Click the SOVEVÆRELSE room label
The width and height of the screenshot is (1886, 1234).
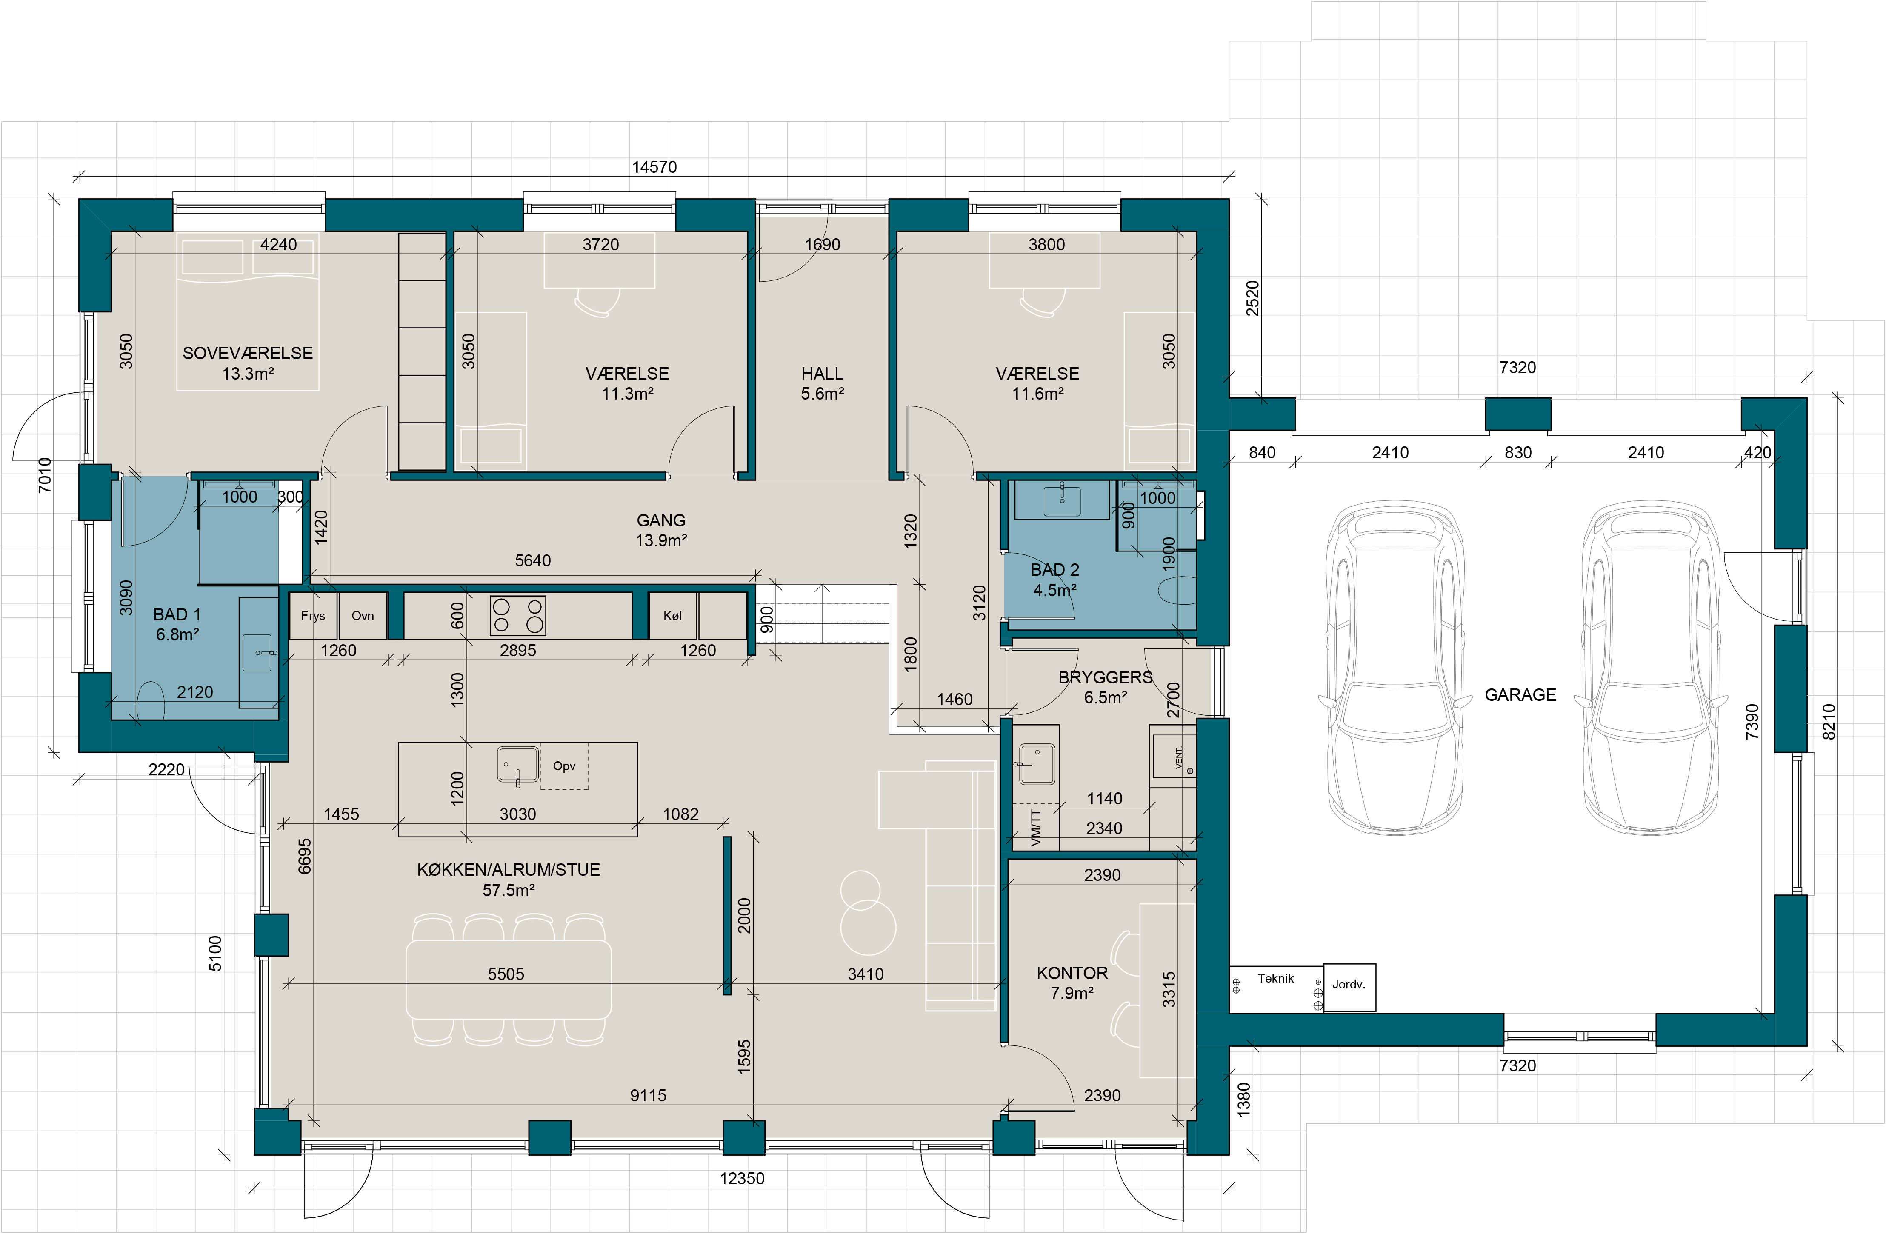click(247, 354)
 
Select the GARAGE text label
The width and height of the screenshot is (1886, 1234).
click(1520, 695)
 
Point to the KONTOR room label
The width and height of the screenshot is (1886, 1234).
click(1072, 973)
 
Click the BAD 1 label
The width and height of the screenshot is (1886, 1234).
click(177, 614)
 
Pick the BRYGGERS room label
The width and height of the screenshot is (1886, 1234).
click(1106, 677)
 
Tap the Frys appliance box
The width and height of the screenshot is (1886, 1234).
click(313, 616)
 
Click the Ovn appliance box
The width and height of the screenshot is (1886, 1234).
click(363, 616)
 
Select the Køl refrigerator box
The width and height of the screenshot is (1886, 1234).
click(673, 616)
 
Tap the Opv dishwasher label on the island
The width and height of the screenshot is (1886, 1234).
click(564, 766)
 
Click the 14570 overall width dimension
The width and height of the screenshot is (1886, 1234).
click(654, 167)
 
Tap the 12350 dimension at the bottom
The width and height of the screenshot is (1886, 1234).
click(742, 1179)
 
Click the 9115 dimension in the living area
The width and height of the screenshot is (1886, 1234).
click(648, 1095)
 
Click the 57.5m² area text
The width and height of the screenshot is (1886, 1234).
click(509, 890)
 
